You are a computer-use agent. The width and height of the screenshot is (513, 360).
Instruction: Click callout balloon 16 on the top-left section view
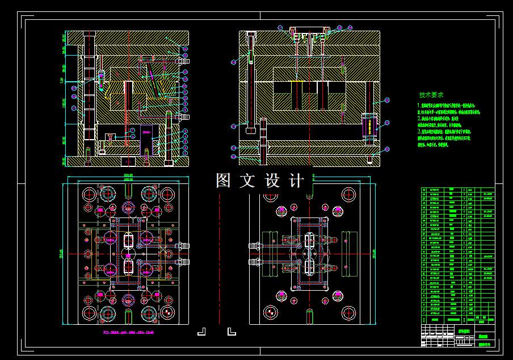tap(186, 49)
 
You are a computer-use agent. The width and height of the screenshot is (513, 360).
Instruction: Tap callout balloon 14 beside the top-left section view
tap(186, 72)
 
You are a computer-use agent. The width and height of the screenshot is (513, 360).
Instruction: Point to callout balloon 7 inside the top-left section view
tap(132, 130)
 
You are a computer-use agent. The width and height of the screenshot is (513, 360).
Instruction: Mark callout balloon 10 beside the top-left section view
tap(186, 98)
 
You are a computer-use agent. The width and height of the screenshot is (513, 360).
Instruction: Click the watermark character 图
tap(223, 181)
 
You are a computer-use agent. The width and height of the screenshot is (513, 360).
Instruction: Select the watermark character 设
tap(272, 181)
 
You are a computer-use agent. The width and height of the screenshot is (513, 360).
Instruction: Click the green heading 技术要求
tap(431, 95)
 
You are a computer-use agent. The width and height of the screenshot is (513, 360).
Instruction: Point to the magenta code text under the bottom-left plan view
tap(128, 333)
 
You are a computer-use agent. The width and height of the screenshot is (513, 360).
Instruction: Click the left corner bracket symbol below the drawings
tap(201, 330)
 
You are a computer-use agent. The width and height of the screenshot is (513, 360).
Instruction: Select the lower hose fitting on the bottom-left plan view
tap(184, 262)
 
